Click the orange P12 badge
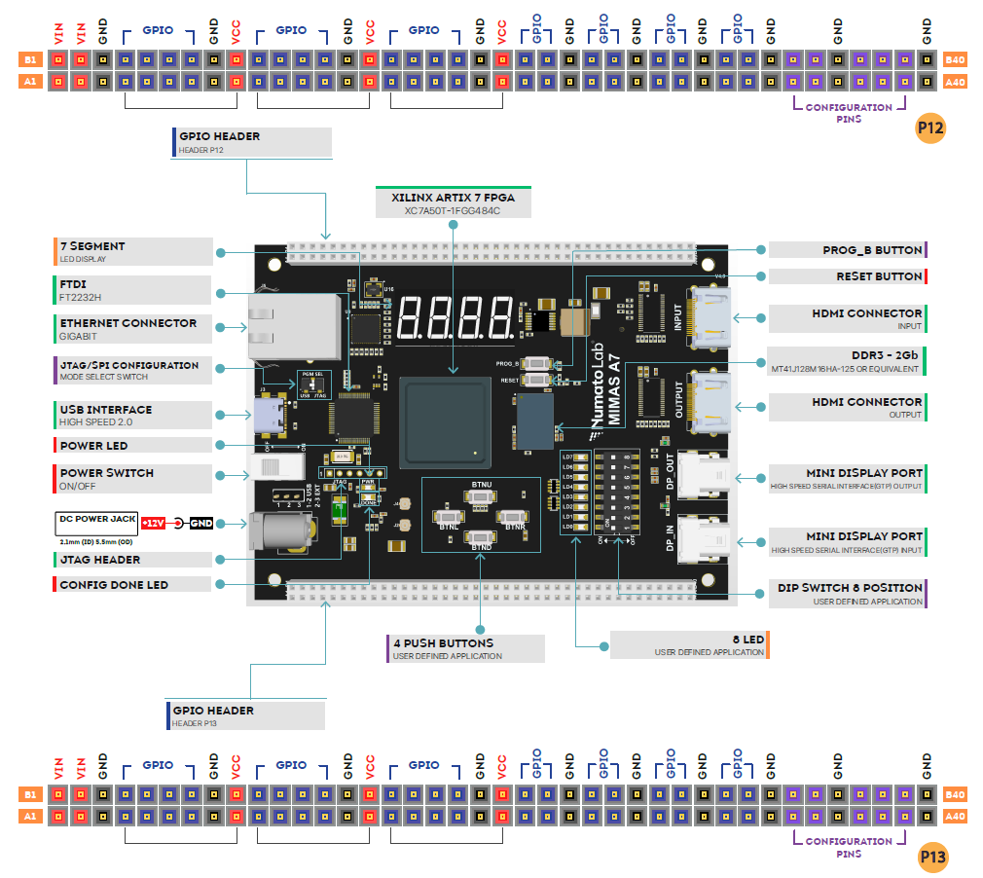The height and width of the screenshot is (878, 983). click(931, 128)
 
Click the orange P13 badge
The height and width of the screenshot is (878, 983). click(932, 857)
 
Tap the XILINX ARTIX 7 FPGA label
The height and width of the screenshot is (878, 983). click(453, 201)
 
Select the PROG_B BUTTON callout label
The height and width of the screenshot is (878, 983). click(847, 250)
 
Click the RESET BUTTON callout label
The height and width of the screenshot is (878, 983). click(847, 276)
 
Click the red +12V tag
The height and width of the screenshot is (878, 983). click(153, 524)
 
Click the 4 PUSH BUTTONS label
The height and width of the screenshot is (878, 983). click(465, 648)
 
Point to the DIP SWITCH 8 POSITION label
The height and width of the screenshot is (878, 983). click(847, 594)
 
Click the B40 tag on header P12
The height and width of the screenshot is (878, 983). click(956, 60)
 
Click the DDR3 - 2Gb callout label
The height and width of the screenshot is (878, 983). click(847, 359)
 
